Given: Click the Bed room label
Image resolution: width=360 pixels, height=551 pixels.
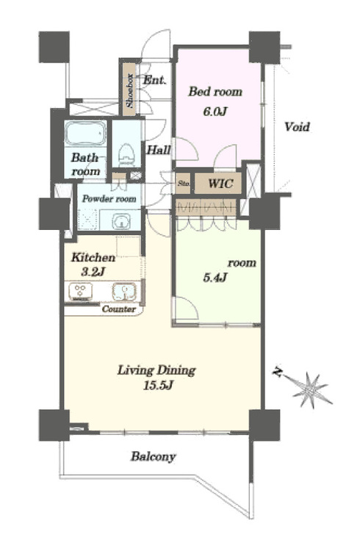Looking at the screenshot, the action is click(x=215, y=92).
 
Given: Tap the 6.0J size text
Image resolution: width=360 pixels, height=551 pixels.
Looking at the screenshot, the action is click(x=215, y=112).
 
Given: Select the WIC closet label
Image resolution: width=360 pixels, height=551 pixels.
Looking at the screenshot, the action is click(x=220, y=183).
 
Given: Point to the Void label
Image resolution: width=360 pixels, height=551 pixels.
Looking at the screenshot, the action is click(x=297, y=126).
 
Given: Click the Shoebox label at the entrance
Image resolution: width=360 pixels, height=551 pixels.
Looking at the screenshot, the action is click(x=130, y=90).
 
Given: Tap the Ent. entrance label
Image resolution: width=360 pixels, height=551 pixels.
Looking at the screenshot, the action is click(x=154, y=80).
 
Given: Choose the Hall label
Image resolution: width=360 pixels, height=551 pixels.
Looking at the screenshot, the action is click(x=158, y=150).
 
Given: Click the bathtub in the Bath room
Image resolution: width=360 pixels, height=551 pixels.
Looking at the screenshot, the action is click(x=86, y=133).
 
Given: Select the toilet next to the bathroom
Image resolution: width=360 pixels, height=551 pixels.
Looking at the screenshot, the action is click(x=126, y=154).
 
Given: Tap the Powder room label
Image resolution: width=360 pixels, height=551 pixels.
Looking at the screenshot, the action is click(x=109, y=199).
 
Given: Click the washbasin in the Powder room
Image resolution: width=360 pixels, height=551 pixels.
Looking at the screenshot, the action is click(x=121, y=221).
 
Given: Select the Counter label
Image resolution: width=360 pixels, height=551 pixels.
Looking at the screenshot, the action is click(x=118, y=309).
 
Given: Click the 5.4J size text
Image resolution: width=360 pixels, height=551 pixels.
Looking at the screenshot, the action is click(x=215, y=278).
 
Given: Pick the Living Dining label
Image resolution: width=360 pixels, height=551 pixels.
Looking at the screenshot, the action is click(x=156, y=370).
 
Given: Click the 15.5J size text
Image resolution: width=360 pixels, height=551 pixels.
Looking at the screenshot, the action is click(x=158, y=386).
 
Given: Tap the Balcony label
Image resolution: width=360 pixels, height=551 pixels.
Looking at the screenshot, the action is click(x=154, y=457).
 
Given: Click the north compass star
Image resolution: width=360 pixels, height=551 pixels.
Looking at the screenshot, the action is click(x=309, y=389).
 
